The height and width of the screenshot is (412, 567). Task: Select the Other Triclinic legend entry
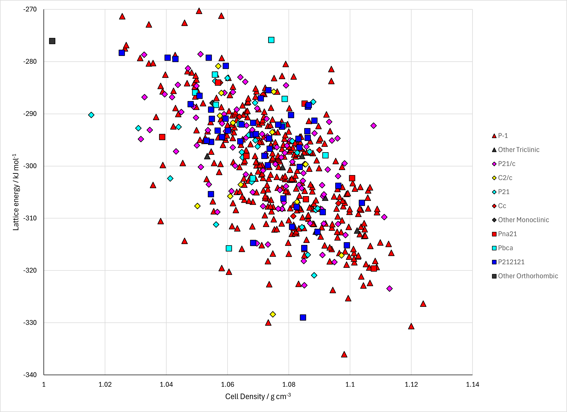click(516, 150)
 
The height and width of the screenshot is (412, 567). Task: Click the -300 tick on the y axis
click(30, 166)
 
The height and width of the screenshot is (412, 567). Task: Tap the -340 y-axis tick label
click(30, 375)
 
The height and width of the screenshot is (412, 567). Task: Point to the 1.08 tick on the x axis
click(289, 384)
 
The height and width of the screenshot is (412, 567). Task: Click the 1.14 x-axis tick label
click(473, 384)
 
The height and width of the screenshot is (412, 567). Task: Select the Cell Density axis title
click(258, 396)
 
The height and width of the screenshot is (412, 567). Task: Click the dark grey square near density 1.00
click(52, 41)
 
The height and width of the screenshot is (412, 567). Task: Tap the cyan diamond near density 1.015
click(91, 115)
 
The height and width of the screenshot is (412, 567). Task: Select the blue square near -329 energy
click(303, 317)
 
